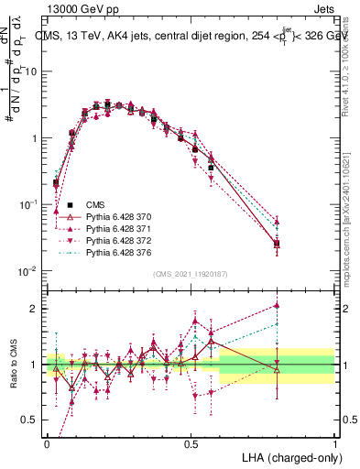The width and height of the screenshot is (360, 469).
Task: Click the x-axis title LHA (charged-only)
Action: (288, 456)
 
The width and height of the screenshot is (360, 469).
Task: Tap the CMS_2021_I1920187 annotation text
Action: (191, 274)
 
